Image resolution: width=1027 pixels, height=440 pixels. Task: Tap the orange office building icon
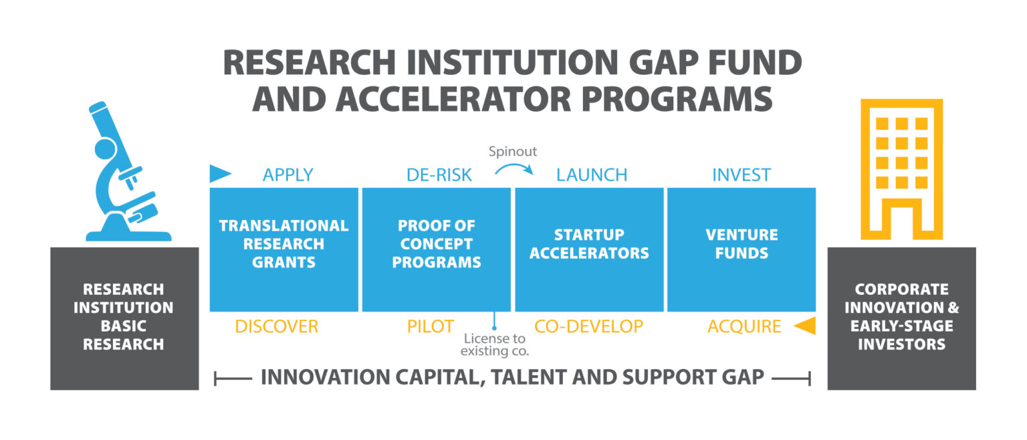(x=901, y=169)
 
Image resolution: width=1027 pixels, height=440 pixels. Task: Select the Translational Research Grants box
(x=284, y=249)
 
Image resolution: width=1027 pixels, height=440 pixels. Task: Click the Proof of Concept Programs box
(x=436, y=249)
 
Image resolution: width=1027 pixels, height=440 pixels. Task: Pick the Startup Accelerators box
(x=589, y=249)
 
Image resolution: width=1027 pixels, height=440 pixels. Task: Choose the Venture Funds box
(x=741, y=249)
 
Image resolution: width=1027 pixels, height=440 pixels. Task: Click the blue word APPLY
(x=288, y=175)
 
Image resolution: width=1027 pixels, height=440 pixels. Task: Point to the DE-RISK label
(x=439, y=175)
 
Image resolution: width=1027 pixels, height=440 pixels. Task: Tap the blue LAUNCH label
(x=592, y=175)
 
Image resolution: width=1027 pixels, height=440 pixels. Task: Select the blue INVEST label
(x=741, y=175)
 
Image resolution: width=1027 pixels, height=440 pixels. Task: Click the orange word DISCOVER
(x=276, y=326)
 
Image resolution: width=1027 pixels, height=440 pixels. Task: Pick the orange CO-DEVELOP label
(x=588, y=326)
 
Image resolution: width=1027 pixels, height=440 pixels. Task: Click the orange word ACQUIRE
(x=744, y=326)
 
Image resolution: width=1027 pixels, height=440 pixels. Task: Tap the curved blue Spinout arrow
(x=514, y=167)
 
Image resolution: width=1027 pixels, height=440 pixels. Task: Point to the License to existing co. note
(x=495, y=344)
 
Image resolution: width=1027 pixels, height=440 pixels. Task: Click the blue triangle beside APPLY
(x=220, y=174)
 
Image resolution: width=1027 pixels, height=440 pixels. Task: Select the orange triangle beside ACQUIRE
(x=805, y=326)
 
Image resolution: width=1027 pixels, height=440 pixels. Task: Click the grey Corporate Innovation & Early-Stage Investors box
(x=901, y=318)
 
